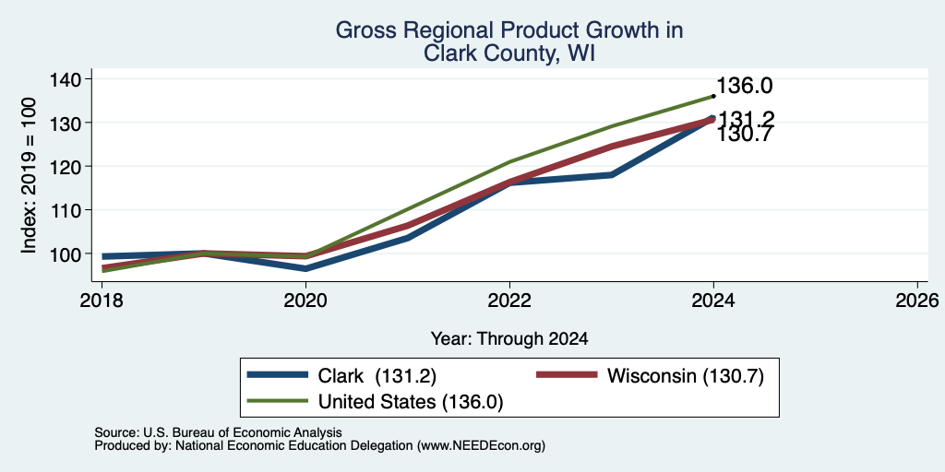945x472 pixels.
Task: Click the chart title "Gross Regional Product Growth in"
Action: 509,30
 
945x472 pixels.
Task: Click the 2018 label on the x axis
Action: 102,300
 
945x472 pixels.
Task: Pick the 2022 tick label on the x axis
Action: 509,300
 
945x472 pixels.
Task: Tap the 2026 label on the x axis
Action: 918,300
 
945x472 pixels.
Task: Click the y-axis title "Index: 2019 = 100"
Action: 29,175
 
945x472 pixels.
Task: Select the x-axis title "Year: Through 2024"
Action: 509,339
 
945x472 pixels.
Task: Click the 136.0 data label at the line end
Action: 745,86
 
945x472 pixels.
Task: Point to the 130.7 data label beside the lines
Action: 745,135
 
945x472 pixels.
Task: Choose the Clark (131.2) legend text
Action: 377,376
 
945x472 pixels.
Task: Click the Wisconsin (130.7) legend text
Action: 686,376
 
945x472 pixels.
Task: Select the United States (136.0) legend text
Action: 410,402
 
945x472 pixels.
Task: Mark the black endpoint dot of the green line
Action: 713,96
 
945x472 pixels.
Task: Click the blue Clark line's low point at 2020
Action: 306,268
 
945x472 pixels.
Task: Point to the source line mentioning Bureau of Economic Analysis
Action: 218,432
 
